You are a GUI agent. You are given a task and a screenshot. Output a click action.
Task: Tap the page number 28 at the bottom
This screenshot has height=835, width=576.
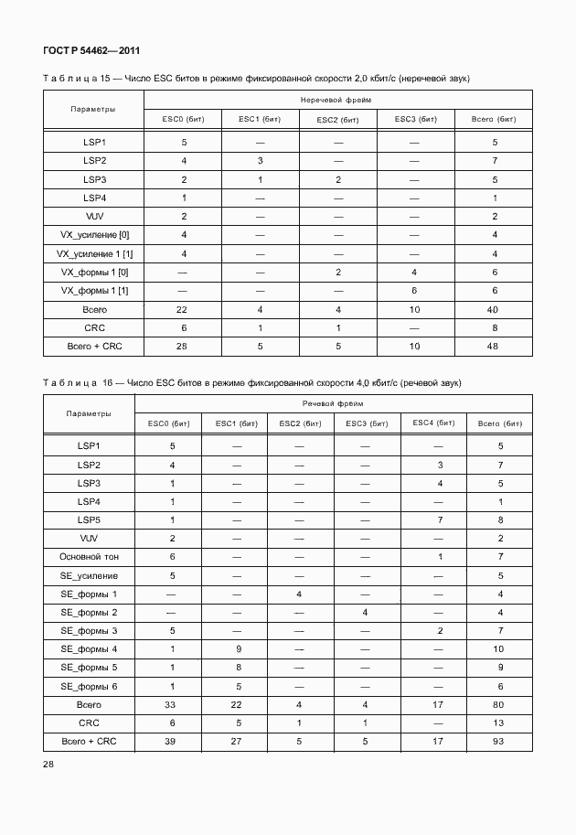(x=49, y=765)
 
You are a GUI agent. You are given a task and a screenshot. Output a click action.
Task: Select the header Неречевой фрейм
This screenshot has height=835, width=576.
(x=334, y=99)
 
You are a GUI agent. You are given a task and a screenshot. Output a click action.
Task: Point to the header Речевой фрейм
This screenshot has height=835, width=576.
(x=334, y=403)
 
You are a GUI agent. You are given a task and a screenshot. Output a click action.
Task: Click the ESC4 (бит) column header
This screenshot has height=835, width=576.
(x=433, y=423)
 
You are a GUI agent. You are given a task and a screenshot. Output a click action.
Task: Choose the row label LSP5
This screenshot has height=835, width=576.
(x=89, y=519)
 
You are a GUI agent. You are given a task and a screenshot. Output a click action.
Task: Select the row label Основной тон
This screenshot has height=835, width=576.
(x=89, y=557)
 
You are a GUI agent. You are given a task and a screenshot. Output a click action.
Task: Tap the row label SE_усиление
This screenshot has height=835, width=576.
(x=89, y=575)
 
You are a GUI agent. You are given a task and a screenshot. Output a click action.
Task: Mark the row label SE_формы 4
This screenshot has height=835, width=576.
(x=89, y=649)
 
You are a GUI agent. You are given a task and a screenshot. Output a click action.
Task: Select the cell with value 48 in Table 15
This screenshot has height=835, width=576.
(x=495, y=347)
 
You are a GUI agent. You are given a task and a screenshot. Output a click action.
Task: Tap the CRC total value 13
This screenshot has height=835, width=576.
(x=500, y=723)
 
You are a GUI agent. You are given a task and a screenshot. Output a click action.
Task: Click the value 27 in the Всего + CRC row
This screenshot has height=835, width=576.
(x=237, y=742)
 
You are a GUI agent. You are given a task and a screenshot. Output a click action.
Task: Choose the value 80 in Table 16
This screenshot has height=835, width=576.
(x=500, y=705)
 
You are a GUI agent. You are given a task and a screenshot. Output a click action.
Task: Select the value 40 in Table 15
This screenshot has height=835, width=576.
(x=495, y=310)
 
